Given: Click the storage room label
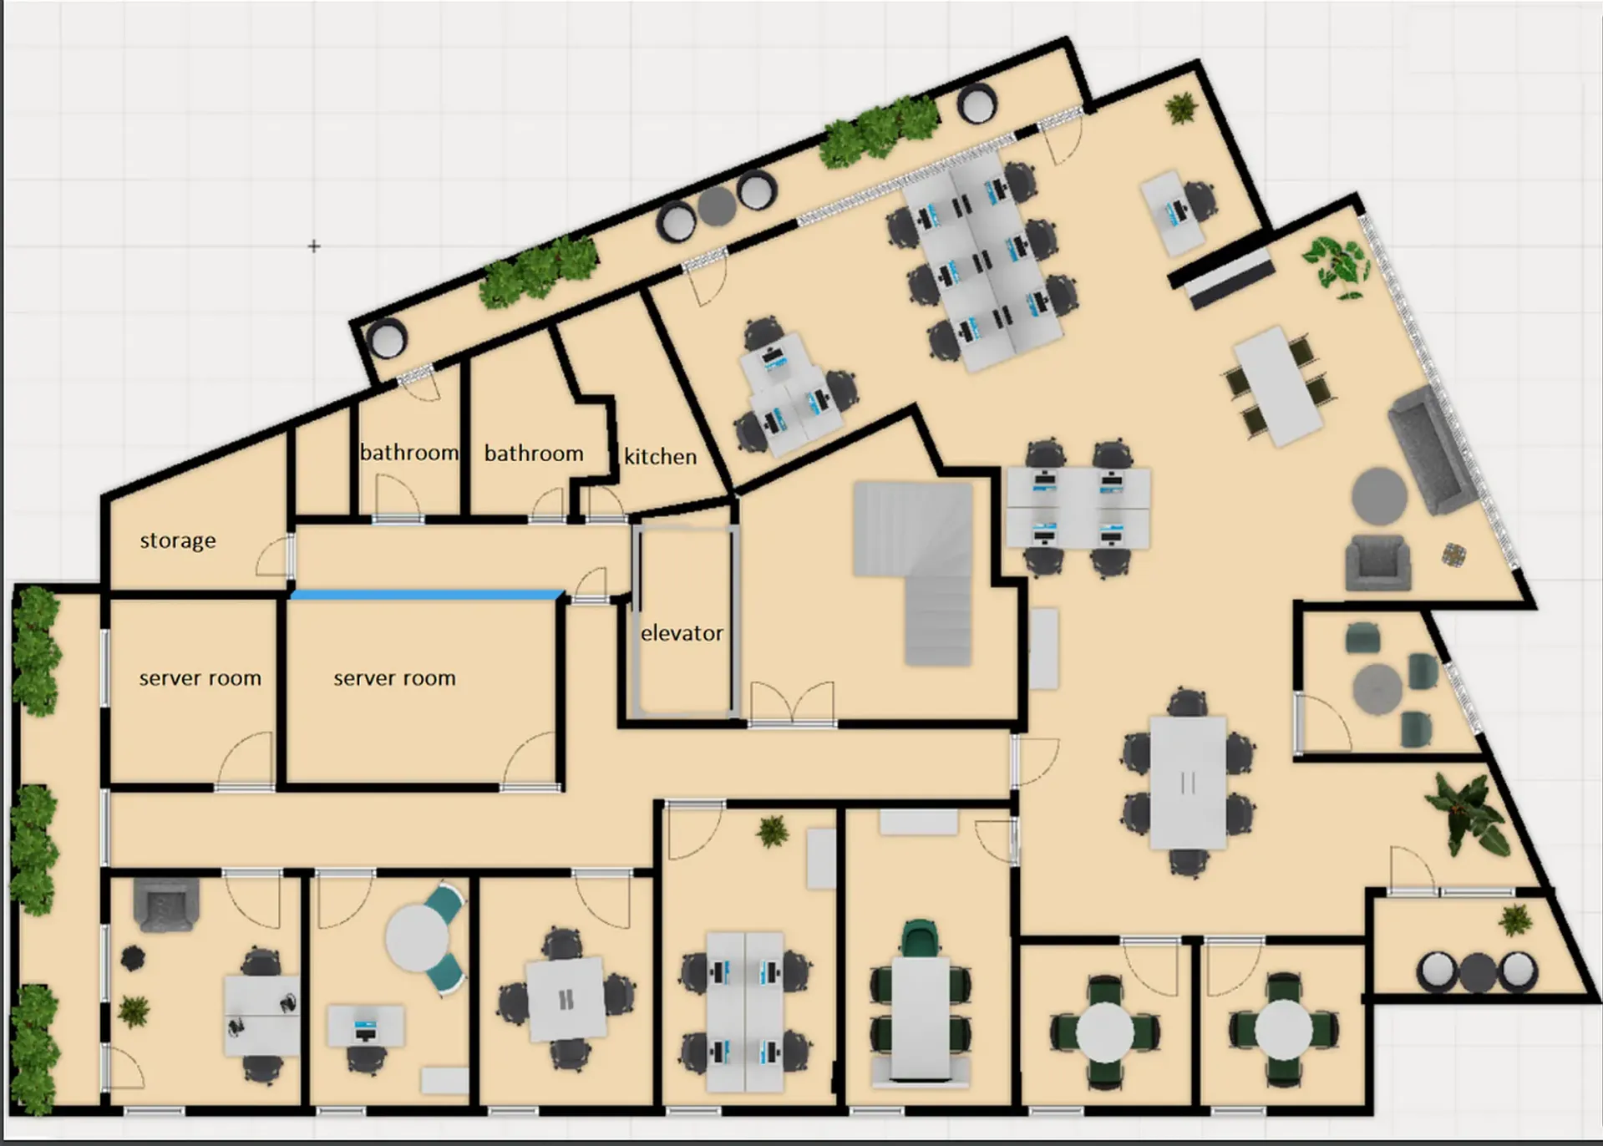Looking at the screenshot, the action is tap(177, 541).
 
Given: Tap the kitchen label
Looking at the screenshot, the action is tap(660, 456).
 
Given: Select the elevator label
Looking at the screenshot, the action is tap(682, 633).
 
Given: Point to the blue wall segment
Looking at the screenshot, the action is tap(427, 595).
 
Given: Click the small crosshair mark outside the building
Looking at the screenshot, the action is tap(313, 246).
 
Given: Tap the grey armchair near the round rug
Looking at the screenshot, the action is tap(1378, 562).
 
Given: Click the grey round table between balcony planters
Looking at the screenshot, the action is tap(716, 205).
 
